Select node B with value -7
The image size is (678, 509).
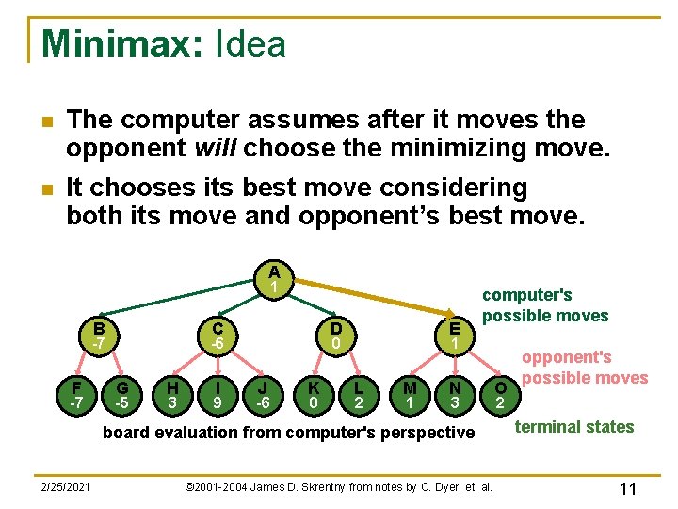click(98, 337)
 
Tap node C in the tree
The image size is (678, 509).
click(217, 337)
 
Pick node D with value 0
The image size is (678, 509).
click(336, 337)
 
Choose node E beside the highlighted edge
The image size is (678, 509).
click(455, 337)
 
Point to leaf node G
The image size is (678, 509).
click(122, 395)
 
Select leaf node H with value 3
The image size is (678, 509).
click(171, 395)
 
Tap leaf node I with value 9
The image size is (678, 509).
click(218, 395)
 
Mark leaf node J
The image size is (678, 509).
click(265, 395)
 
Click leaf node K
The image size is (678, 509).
click(313, 395)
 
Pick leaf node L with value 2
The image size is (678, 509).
click(359, 395)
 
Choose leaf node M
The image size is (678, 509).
click(409, 395)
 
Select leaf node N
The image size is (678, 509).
click(455, 395)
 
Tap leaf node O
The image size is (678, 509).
click(501, 395)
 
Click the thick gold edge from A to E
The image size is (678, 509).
click(377, 298)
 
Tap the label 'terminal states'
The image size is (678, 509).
click(573, 427)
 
